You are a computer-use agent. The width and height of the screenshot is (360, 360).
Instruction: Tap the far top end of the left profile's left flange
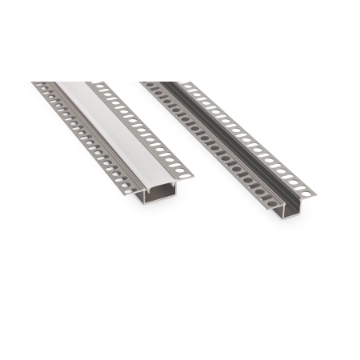tap(37, 83)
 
